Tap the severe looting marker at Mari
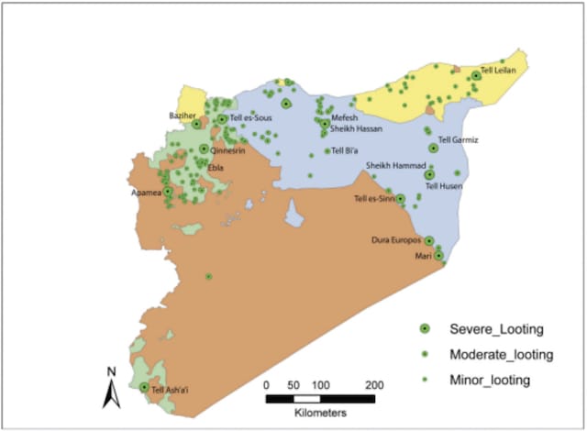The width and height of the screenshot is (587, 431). pos(438,256)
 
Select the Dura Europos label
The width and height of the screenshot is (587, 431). pos(395,240)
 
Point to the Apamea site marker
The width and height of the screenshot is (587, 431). pos(168,192)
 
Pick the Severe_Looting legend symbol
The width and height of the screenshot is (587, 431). pos(424,329)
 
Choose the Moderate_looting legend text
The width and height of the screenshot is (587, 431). pos(501,354)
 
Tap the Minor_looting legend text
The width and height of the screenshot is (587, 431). pos(490,379)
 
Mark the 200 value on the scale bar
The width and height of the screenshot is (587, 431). pos(372,384)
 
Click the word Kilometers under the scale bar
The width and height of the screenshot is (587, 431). pos(320,414)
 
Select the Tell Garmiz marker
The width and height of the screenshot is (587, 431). pos(432,148)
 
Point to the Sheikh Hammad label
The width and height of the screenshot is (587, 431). pos(395,166)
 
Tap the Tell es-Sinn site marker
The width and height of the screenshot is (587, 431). pos(401,198)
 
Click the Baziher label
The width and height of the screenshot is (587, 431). pos(184,116)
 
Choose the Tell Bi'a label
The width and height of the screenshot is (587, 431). pos(347,151)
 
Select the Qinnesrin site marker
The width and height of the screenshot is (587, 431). pos(204,149)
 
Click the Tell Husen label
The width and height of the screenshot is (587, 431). pos(444,186)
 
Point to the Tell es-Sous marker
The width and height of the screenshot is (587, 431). pos(222,118)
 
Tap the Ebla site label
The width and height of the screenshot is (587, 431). pos(216,167)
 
